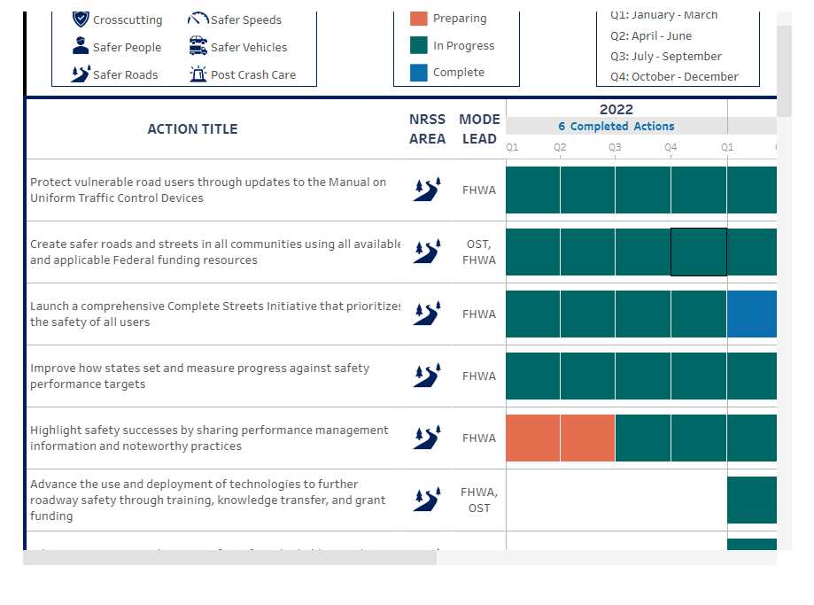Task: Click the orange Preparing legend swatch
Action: (x=419, y=19)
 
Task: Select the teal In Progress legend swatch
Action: (x=419, y=45)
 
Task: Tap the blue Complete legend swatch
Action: (x=419, y=73)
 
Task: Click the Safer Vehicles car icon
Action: (x=198, y=47)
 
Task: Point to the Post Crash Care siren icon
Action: (x=198, y=74)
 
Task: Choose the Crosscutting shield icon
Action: (x=81, y=19)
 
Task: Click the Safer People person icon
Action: (x=81, y=47)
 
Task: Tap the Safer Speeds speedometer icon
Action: (x=198, y=19)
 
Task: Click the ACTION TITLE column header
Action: (x=192, y=129)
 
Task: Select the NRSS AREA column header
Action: (x=427, y=129)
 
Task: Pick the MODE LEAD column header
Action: (x=479, y=129)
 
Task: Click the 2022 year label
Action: (x=616, y=110)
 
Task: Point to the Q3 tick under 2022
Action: (x=615, y=147)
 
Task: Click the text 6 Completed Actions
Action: (x=616, y=127)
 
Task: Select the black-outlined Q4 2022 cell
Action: (x=699, y=252)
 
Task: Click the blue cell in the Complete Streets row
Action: (x=751, y=314)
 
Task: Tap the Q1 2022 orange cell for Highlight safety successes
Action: (x=532, y=438)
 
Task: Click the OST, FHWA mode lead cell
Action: (x=479, y=252)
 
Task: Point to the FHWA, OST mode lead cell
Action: (x=479, y=500)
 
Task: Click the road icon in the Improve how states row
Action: (x=427, y=376)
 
